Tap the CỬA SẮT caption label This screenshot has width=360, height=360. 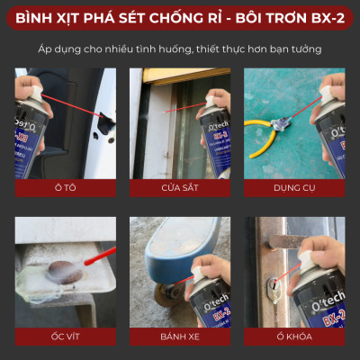click(180, 189)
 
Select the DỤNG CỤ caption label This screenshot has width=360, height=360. click(295, 189)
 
